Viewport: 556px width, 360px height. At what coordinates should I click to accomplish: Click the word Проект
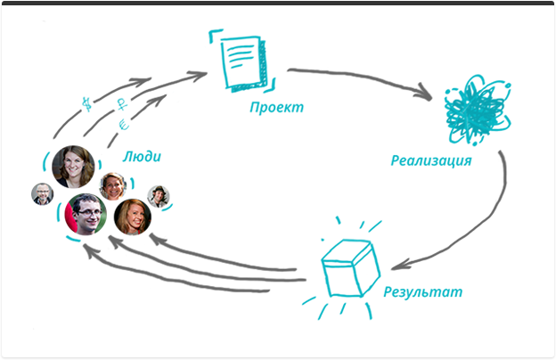277,108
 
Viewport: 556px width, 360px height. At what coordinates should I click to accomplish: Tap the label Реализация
430,161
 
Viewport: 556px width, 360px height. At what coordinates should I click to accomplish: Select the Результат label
422,291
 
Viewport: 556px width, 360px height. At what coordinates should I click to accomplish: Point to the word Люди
143,157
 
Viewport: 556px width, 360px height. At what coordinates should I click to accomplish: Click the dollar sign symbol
86,102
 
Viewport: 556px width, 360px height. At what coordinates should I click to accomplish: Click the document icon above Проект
241,59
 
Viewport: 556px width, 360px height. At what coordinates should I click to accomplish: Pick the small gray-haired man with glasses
42,193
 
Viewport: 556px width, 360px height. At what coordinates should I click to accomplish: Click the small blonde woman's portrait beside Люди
111,184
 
